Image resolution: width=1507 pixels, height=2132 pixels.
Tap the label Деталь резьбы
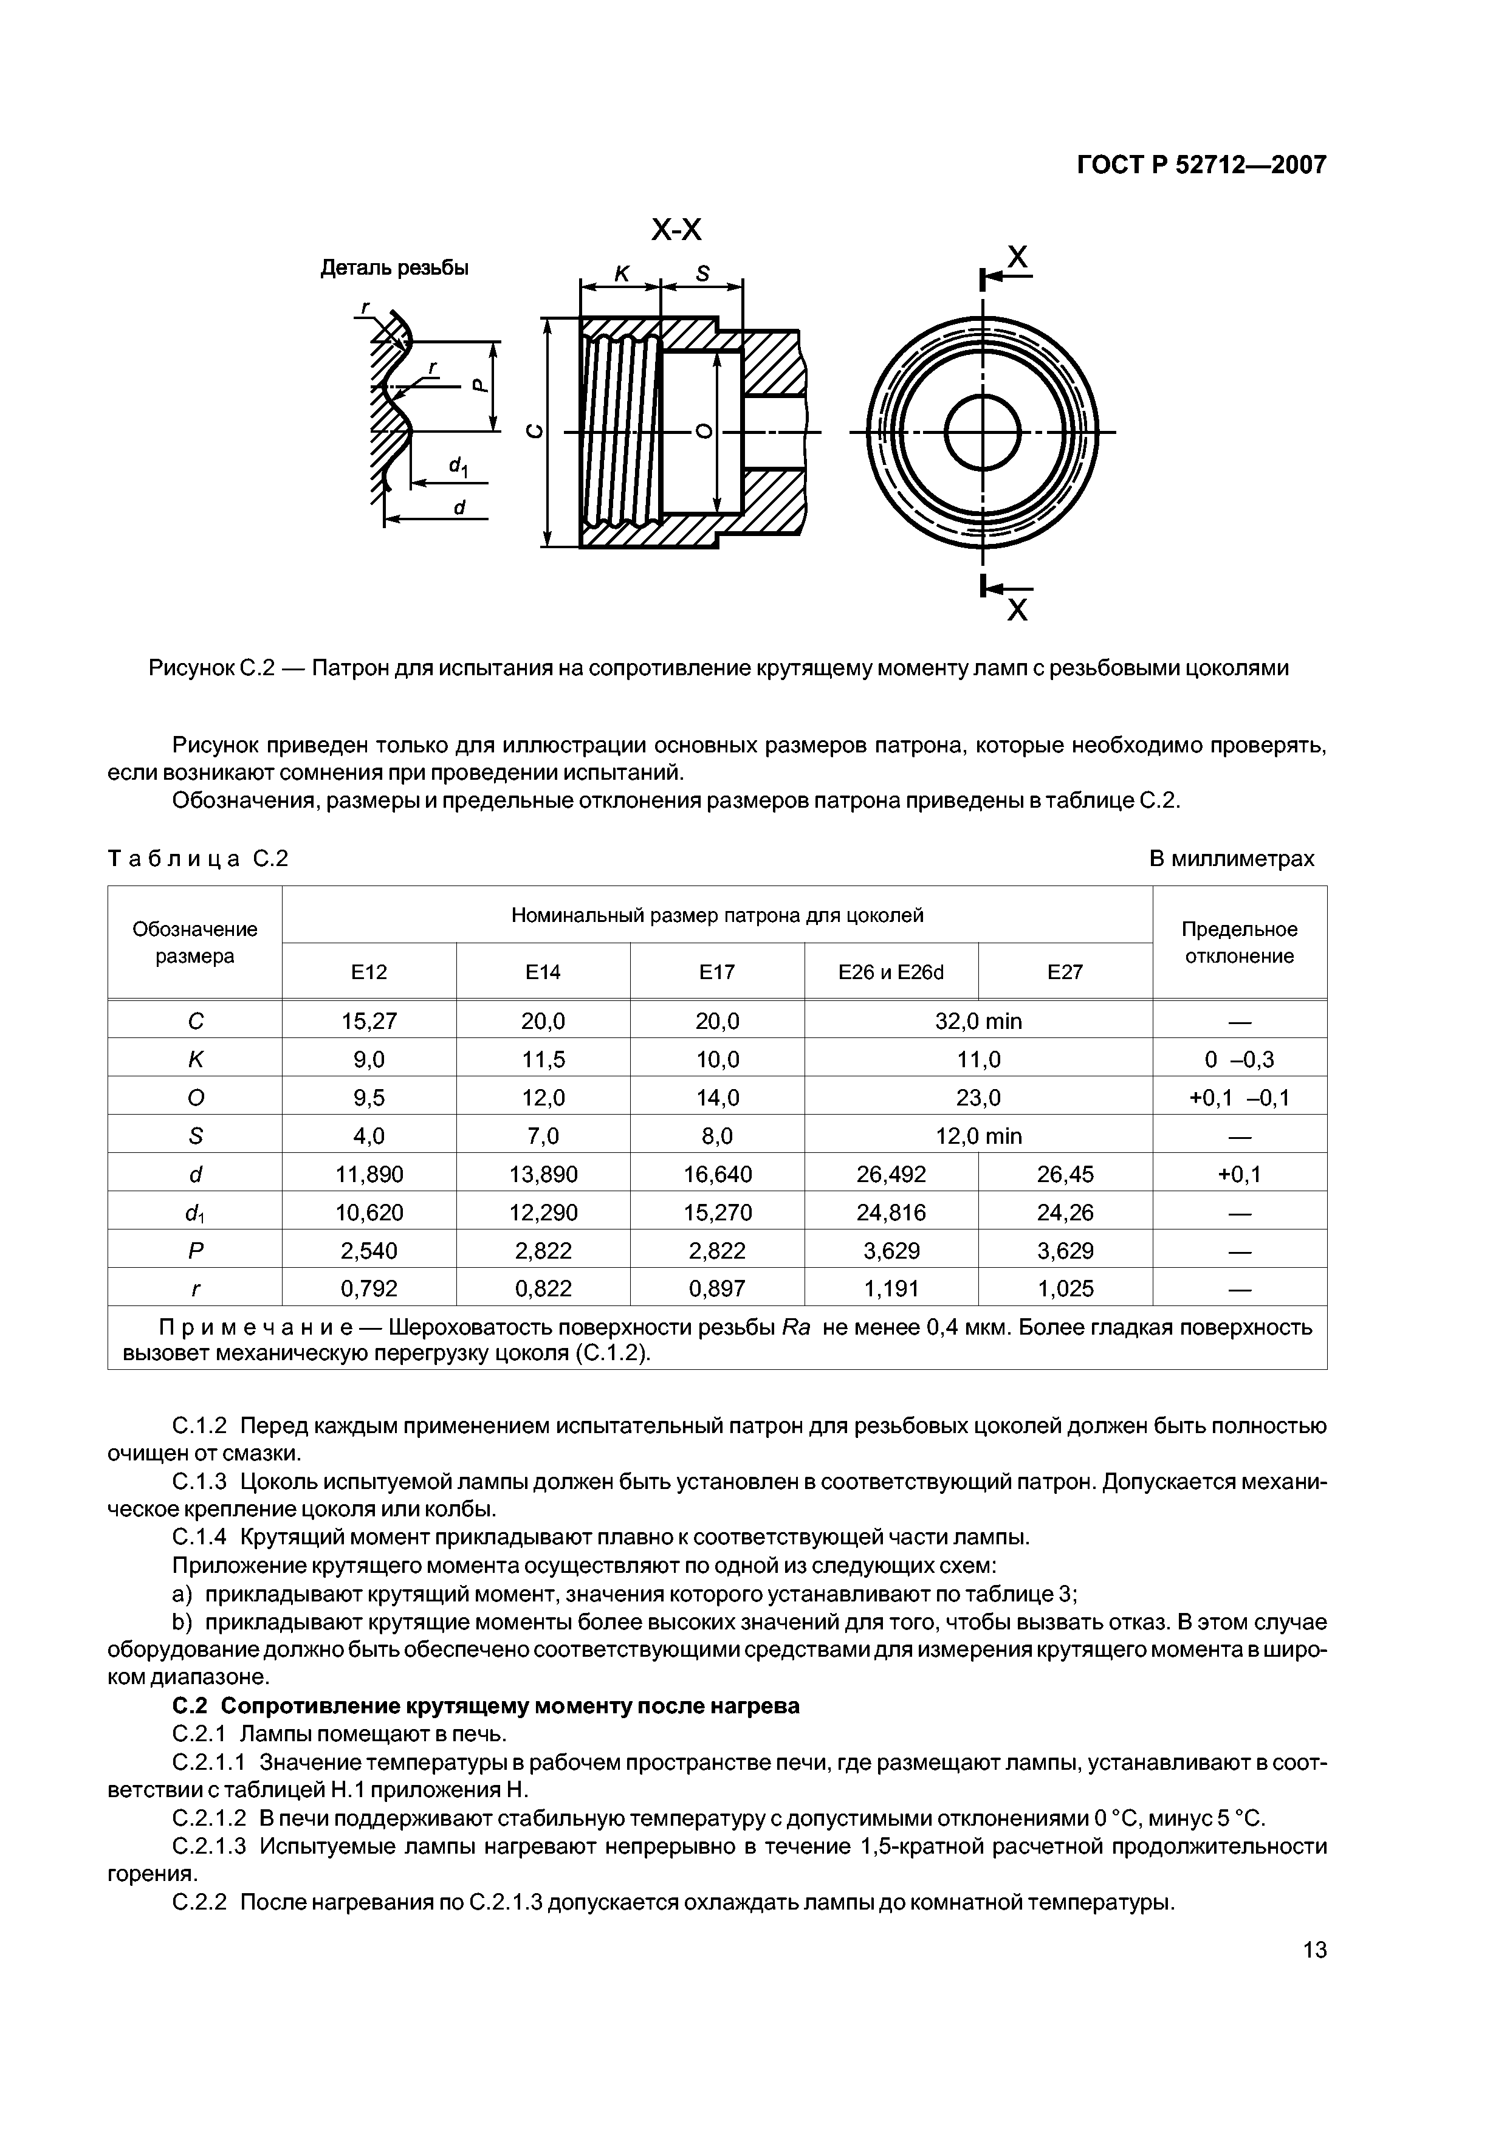(394, 269)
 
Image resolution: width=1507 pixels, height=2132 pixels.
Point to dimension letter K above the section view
(621, 274)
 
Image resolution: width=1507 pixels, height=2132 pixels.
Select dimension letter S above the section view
(703, 274)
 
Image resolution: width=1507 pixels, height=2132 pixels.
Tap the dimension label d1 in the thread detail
(458, 466)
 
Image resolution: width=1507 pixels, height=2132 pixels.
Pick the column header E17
(717, 972)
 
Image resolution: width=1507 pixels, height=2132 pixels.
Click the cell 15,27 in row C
(369, 1022)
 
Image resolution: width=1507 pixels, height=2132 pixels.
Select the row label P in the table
(195, 1251)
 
